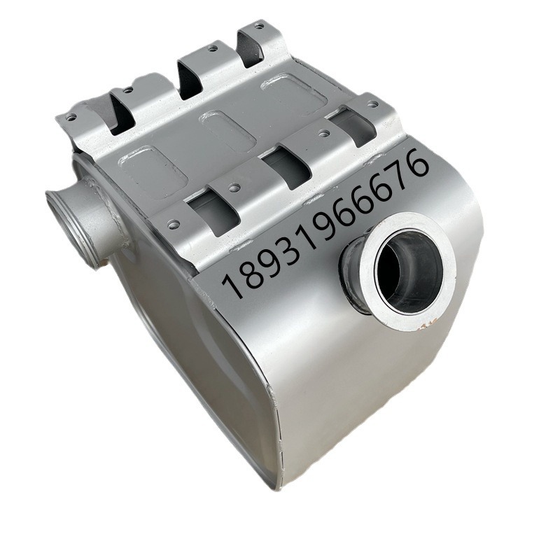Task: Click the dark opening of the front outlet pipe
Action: tap(408, 265)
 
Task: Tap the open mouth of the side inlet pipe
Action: tap(69, 229)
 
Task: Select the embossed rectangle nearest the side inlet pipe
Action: tap(153, 168)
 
